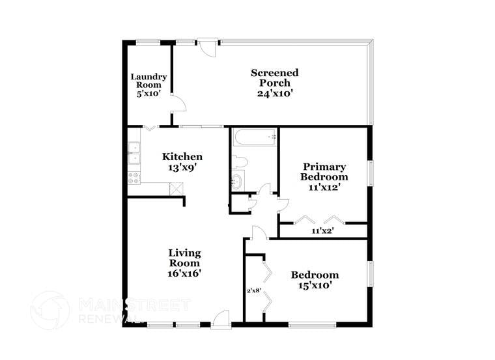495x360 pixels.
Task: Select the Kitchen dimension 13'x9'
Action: pyautogui.click(x=182, y=167)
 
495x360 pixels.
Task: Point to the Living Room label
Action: pyautogui.click(x=184, y=258)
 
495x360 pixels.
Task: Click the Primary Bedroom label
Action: pyautogui.click(x=324, y=172)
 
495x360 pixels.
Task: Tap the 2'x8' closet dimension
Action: pyautogui.click(x=254, y=290)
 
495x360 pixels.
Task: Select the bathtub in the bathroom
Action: pyautogui.click(x=254, y=137)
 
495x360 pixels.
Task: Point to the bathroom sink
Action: pyautogui.click(x=236, y=182)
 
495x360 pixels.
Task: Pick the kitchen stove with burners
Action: pyautogui.click(x=134, y=176)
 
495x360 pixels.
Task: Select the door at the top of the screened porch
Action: pyautogui.click(x=208, y=48)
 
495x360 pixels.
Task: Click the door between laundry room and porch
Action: pyautogui.click(x=178, y=104)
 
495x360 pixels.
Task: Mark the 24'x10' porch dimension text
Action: pyautogui.click(x=275, y=93)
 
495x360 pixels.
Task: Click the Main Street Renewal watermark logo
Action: pyautogui.click(x=50, y=311)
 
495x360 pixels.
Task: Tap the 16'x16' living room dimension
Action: pyautogui.click(x=184, y=273)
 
